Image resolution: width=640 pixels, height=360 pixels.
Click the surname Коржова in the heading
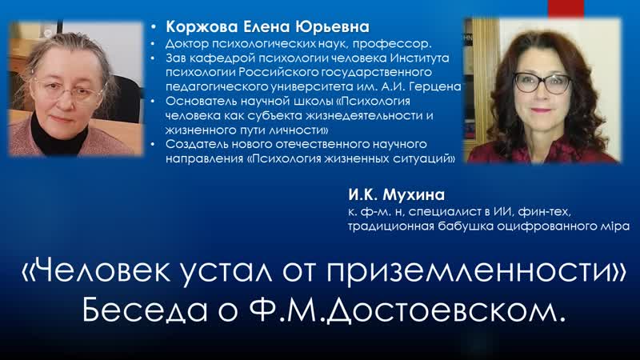tap(202, 27)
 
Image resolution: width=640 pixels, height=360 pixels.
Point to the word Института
tap(419, 58)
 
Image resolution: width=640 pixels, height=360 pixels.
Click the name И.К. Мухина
tap(396, 194)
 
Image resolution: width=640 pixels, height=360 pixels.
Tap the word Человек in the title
tap(95, 271)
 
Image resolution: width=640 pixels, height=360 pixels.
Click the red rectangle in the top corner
tap(566, 9)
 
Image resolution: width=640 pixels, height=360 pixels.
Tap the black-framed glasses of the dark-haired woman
tap(542, 83)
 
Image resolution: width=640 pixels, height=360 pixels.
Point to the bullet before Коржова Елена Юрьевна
tap(153, 27)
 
